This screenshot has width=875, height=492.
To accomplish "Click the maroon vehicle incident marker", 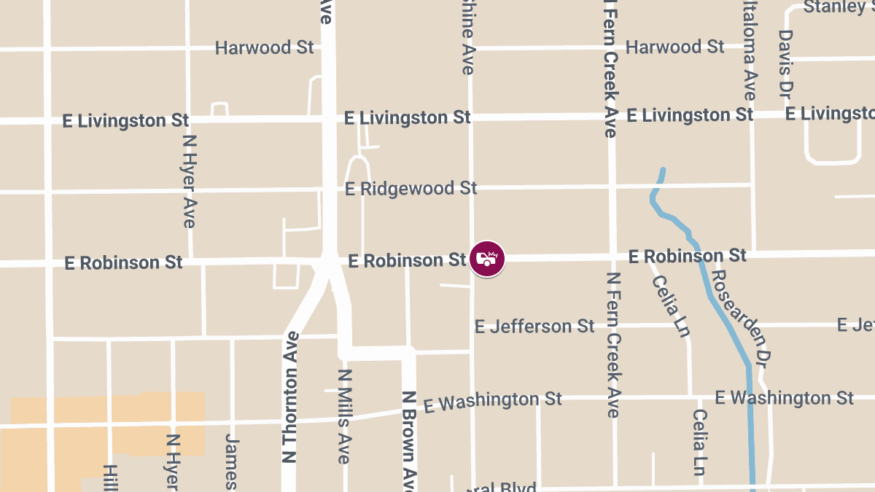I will [487, 259].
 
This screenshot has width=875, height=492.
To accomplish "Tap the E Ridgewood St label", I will [411, 189].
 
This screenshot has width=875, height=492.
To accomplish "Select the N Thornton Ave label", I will [290, 397].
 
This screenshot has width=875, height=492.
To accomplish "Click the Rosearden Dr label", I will [741, 318].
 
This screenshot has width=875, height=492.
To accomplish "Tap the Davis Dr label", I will [785, 64].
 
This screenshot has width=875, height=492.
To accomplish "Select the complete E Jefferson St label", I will [534, 327].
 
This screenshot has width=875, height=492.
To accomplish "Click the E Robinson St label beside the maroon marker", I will [407, 260].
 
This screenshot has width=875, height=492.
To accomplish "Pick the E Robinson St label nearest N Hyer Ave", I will [123, 262].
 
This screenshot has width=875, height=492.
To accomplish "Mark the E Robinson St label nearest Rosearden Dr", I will [688, 257].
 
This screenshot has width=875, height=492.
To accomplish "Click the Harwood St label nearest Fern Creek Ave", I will [675, 47].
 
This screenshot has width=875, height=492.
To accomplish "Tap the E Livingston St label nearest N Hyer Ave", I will [125, 121].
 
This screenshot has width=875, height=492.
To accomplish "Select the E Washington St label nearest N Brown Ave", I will [493, 401].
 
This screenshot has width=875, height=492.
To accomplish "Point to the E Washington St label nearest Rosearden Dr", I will [784, 398].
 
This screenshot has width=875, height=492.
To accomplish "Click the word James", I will [231, 461].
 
